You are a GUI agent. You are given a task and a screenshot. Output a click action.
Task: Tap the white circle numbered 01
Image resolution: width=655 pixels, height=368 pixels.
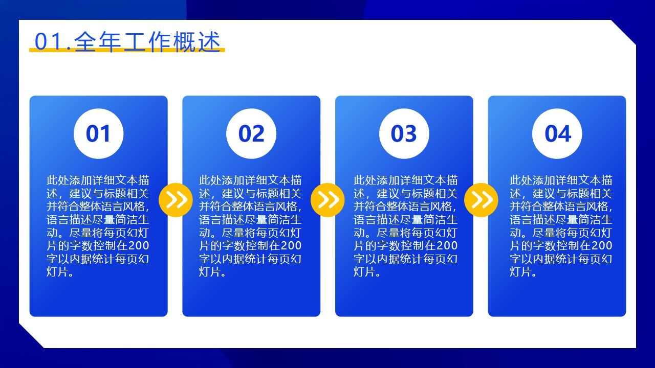pyautogui.click(x=99, y=134)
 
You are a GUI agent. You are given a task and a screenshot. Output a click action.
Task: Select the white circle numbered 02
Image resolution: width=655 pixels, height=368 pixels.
pyautogui.click(x=251, y=134)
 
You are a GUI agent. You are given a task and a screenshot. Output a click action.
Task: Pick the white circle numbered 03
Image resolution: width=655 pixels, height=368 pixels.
pyautogui.click(x=404, y=134)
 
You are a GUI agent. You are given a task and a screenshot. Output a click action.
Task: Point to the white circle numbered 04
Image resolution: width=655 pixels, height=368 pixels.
pyautogui.click(x=557, y=134)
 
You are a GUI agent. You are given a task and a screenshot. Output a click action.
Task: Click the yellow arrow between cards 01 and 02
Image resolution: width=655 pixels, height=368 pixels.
pyautogui.click(x=176, y=200)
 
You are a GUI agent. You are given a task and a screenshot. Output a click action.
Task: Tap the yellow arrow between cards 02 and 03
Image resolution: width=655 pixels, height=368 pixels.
pyautogui.click(x=327, y=200)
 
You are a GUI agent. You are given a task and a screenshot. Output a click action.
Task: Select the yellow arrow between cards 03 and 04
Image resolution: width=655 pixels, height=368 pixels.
pyautogui.click(x=481, y=200)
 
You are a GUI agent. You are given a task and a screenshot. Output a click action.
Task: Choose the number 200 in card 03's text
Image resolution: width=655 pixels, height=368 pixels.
pyautogui.click(x=447, y=246)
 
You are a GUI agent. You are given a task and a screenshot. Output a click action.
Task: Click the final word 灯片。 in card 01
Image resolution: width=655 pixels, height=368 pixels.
pyautogui.click(x=60, y=272)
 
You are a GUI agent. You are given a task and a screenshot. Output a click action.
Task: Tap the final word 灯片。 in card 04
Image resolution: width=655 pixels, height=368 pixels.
pyautogui.click(x=523, y=272)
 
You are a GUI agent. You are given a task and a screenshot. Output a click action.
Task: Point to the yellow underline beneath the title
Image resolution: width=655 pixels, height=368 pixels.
pyautogui.click(x=127, y=50)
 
